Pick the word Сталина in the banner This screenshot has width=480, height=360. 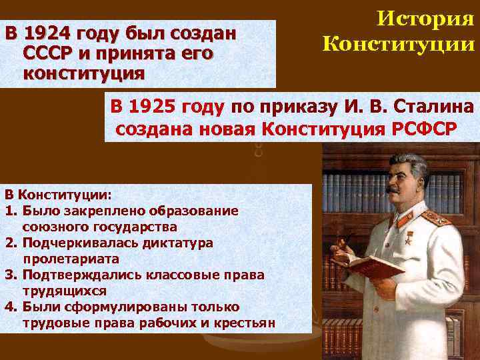pyautogui.click(x=433, y=106)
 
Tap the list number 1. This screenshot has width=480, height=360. pyautogui.click(x=10, y=211)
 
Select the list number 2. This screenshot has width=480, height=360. pyautogui.click(x=10, y=243)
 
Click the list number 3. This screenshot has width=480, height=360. pyautogui.click(x=10, y=275)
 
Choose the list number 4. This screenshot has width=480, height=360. pyautogui.click(x=10, y=307)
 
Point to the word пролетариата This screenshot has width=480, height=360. pyautogui.click(x=71, y=259)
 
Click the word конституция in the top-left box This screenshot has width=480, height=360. pyautogui.click(x=82, y=73)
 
